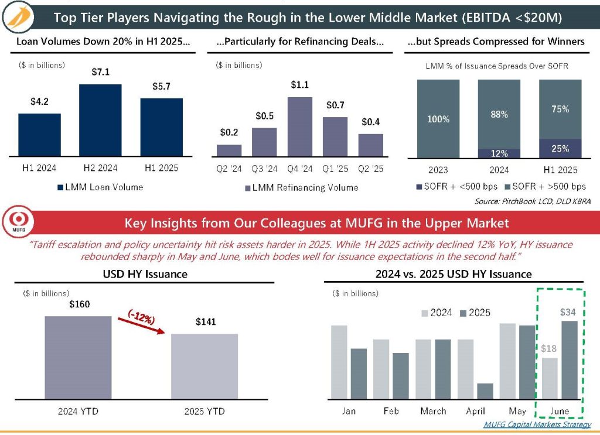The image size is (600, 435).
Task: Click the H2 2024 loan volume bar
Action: pos(100,121)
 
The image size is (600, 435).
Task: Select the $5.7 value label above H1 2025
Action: pos(161,86)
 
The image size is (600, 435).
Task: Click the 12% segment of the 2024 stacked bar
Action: pos(499,153)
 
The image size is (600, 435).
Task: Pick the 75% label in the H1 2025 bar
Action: pos(560,109)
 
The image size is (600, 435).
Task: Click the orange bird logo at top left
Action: pos(18,18)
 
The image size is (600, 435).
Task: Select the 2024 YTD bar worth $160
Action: pos(78,357)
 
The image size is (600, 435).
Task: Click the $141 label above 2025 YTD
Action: pos(204,322)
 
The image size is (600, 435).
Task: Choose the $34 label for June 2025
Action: pos(567,312)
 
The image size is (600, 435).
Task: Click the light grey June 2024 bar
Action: pos(549,378)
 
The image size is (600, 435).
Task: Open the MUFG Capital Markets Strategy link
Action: pos(537,424)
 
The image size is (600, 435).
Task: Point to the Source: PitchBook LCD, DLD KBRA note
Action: pos(533,201)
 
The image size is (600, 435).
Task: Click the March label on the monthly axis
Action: pos(433,411)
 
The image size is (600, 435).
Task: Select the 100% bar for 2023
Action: pos(438,119)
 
